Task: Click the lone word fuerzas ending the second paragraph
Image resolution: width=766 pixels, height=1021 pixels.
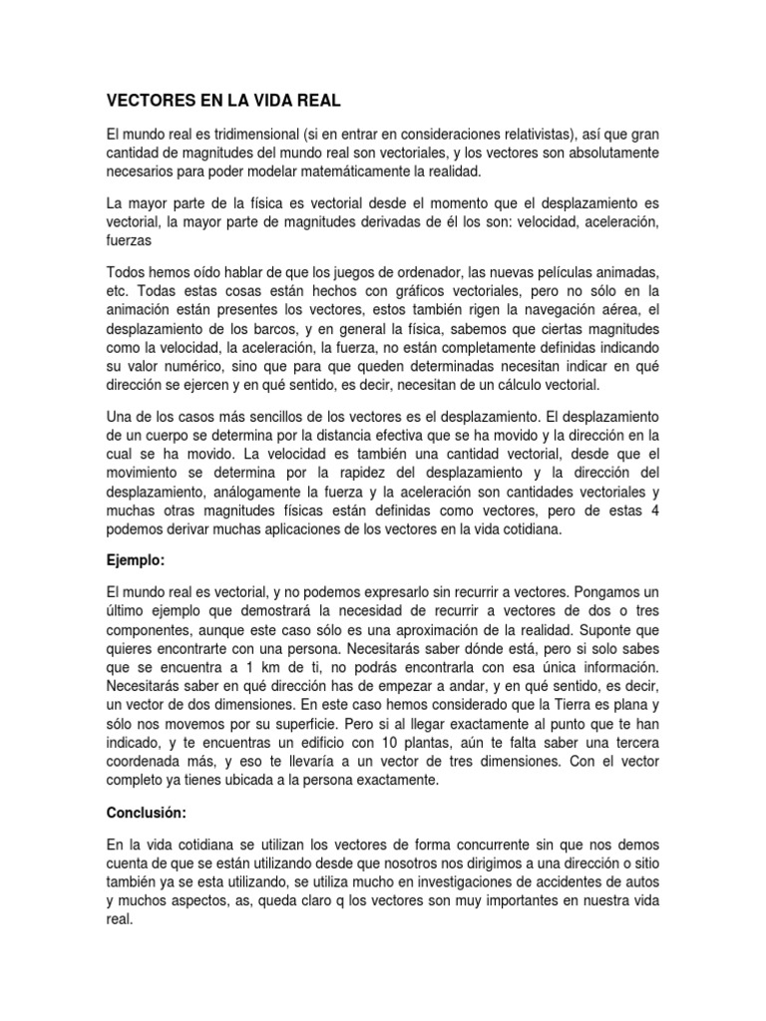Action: point(131,240)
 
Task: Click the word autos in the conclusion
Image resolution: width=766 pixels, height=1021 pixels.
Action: point(656,882)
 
